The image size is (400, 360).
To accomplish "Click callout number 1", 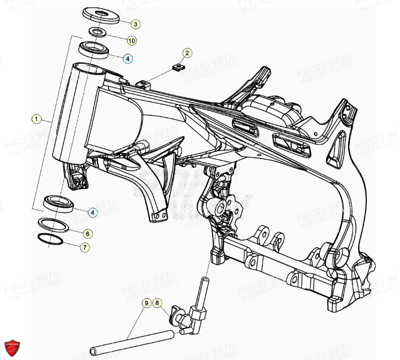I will coord(36,120).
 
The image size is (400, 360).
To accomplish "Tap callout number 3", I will coord(135,24).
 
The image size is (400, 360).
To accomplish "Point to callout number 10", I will coord(131,40).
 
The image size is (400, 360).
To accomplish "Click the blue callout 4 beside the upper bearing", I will coord(129,59).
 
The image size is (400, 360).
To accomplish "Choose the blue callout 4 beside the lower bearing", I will coord(93,212).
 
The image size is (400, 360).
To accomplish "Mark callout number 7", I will coord(85,247).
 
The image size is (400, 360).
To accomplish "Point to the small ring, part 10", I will coord(96,33).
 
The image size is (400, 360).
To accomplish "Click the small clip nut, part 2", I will coord(178,67).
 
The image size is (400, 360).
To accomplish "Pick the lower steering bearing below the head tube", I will coord(58,202).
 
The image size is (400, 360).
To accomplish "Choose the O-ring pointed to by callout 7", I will coord(51,239).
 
